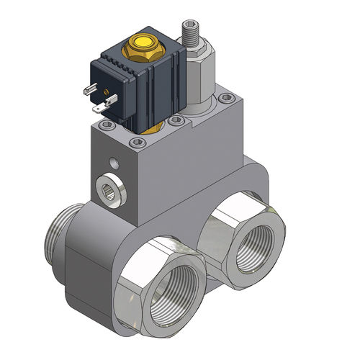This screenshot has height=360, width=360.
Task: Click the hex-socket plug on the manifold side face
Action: point(109,191)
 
